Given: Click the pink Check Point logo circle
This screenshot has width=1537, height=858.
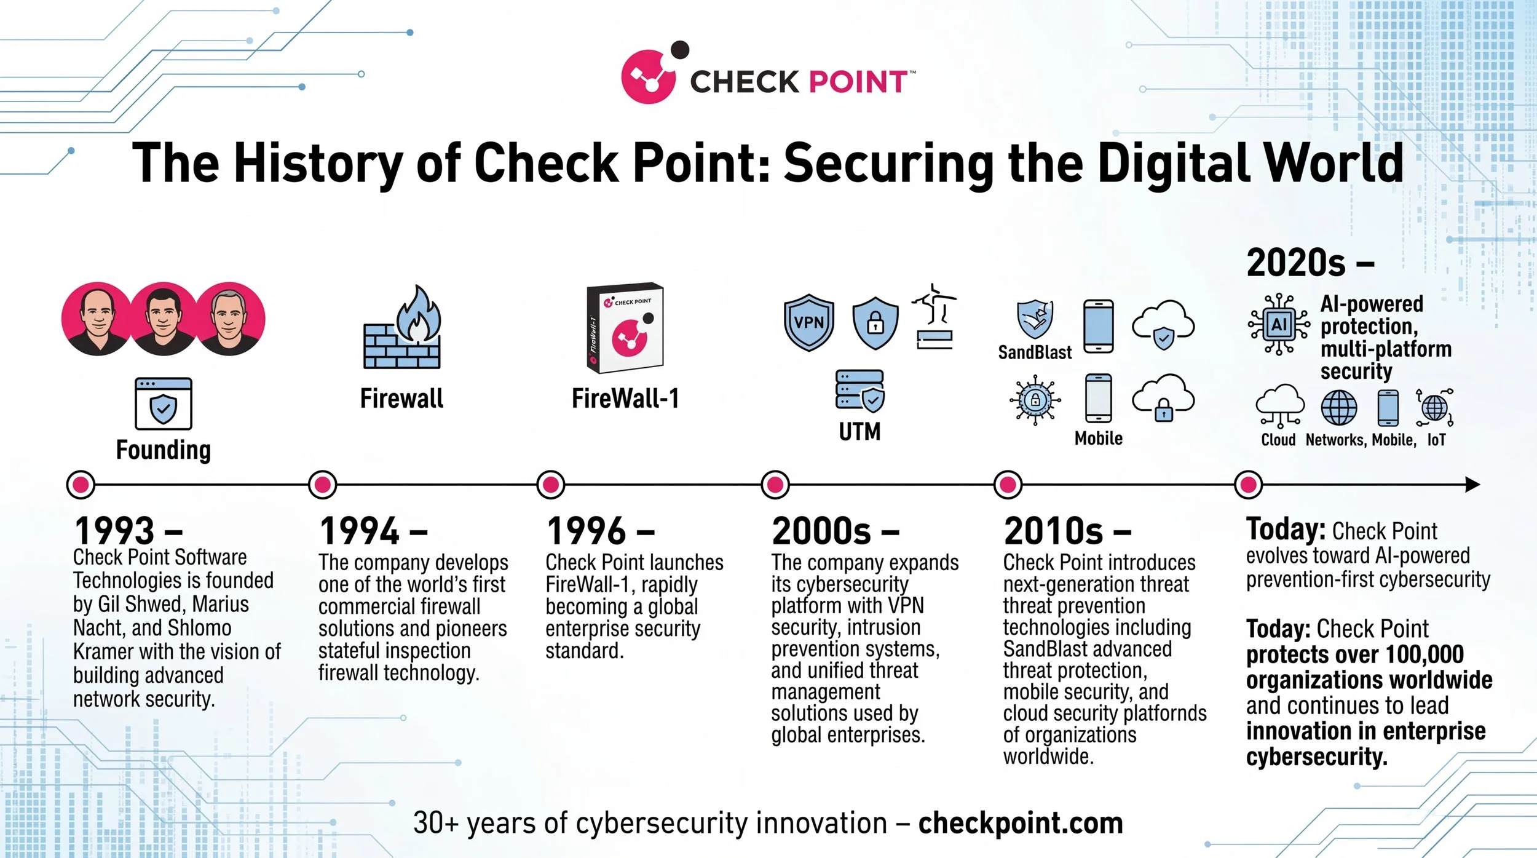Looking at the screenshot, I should click(647, 77).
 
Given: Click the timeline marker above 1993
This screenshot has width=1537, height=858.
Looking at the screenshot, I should click(81, 485).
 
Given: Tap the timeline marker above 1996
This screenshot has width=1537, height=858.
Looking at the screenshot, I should click(550, 485).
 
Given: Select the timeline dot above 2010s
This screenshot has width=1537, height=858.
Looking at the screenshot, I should click(1008, 485).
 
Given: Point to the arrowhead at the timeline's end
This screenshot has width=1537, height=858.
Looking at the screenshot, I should click(1472, 485).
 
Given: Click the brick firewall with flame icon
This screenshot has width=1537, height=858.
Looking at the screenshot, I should click(403, 329).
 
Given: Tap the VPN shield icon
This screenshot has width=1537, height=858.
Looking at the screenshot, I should click(808, 322).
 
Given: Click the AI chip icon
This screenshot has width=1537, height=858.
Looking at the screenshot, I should click(1279, 324).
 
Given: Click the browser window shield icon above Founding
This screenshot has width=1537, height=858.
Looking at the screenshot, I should click(164, 403).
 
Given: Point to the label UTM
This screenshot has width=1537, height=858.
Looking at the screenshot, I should click(859, 432).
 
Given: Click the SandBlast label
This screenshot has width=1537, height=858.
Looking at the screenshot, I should click(1035, 352).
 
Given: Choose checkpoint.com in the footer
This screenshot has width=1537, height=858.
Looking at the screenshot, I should click(1021, 823).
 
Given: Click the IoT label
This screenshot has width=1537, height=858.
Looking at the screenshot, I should click(1436, 440).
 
